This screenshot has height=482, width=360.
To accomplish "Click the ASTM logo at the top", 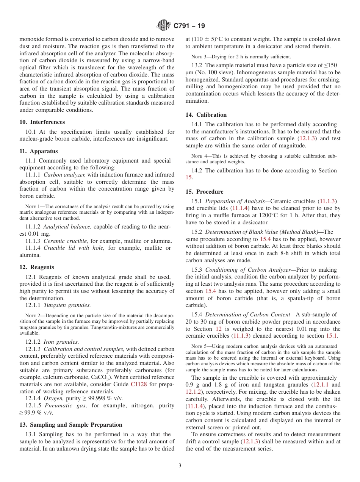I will (164, 26).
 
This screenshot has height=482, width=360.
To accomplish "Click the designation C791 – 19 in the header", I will (189, 26).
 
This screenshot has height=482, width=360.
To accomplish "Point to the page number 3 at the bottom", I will (180, 466).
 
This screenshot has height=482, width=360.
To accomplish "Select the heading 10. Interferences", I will (42, 122).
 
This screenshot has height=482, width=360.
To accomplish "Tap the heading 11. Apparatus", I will (39, 151).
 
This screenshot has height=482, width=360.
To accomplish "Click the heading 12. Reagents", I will (37, 267).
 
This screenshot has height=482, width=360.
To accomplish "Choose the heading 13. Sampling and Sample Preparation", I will (71, 425).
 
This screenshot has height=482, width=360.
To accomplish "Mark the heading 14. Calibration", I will (206, 115).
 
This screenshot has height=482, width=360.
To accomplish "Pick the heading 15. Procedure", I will (204, 192).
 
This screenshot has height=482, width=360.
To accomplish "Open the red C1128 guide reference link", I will (138, 384).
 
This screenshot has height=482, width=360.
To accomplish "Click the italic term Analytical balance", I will (67, 227).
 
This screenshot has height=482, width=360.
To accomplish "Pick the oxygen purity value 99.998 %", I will (100, 398).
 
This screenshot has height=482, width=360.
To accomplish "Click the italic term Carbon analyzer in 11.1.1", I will (64, 175).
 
